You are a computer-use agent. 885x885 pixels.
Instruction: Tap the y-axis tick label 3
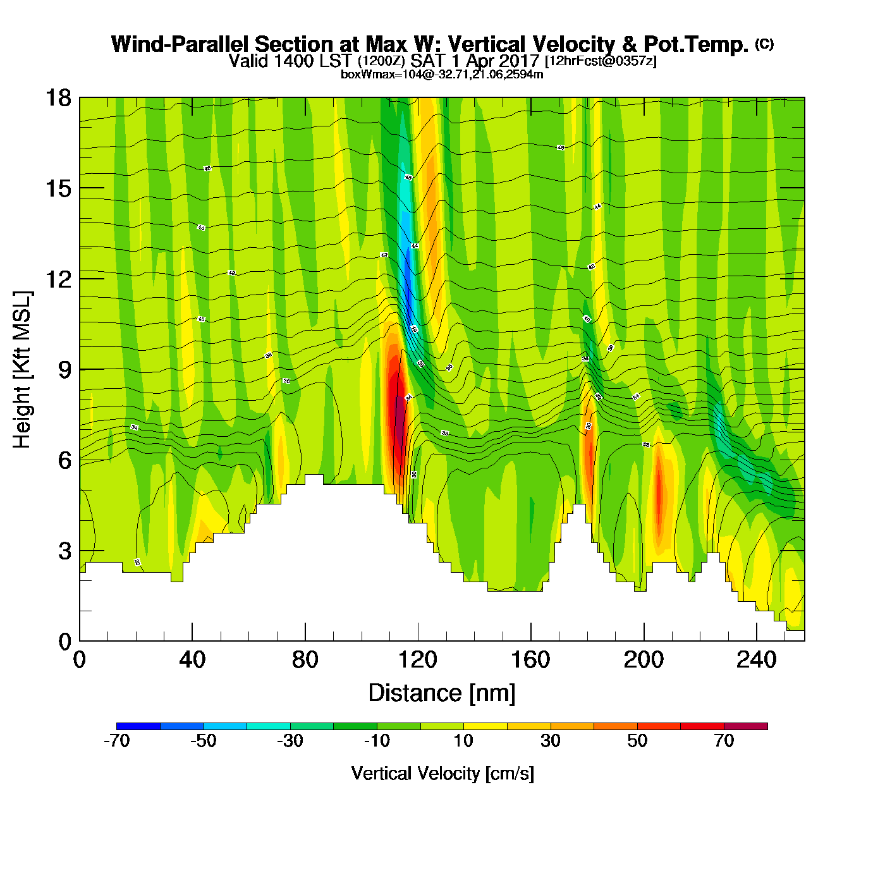(x=65, y=551)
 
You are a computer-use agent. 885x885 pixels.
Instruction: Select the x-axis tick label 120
(x=418, y=660)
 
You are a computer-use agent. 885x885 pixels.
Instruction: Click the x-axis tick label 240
(x=756, y=660)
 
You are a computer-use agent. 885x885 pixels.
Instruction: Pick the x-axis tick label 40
(x=192, y=660)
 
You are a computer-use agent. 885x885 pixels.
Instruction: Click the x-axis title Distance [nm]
(x=442, y=693)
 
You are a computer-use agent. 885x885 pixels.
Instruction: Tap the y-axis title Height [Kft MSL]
(x=22, y=370)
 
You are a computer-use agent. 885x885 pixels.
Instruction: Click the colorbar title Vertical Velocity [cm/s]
(x=442, y=773)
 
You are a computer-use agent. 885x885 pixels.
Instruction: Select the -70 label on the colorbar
(x=116, y=741)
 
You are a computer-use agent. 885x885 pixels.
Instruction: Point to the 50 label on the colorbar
(x=637, y=741)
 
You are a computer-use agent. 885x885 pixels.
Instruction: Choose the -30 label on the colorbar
(x=290, y=741)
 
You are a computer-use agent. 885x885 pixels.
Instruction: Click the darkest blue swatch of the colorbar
(x=138, y=726)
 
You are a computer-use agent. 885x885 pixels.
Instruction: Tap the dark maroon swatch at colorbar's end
(x=745, y=726)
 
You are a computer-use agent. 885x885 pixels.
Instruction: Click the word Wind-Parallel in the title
(x=181, y=45)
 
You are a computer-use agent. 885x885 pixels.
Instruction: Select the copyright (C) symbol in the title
(x=764, y=44)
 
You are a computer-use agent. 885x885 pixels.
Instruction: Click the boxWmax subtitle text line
(x=442, y=75)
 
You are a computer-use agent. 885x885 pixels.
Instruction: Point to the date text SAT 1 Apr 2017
(x=474, y=61)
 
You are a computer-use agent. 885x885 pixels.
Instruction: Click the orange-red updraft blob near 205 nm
(x=659, y=499)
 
